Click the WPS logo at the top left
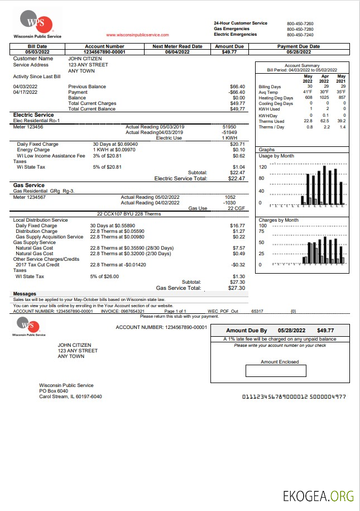37,23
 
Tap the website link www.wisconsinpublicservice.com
137,35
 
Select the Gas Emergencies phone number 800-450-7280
300,29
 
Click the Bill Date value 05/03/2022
37,52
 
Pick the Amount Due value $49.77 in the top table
229,52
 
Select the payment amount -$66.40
237,92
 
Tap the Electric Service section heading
33,115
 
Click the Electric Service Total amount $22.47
237,179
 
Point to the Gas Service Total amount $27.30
237,288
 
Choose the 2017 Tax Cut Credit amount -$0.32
238,264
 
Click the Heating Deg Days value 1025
324,98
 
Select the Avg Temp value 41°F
308,92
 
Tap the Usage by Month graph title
277,156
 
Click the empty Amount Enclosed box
276,371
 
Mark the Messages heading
25,294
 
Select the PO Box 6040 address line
54,391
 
